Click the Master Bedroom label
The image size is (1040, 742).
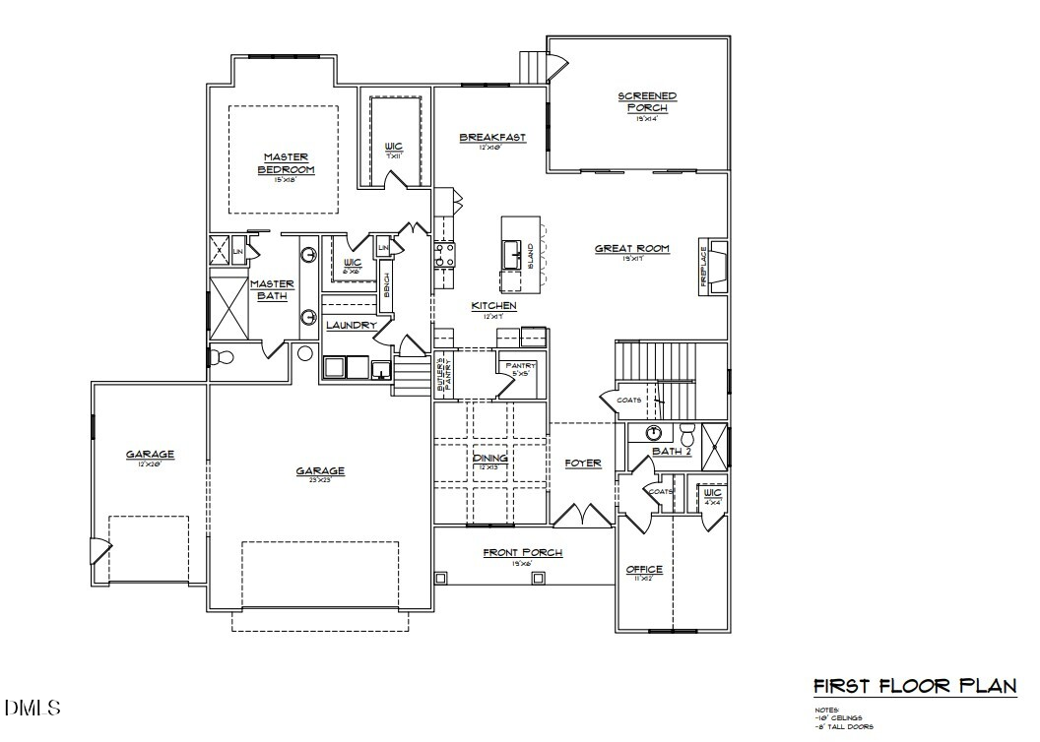(286, 163)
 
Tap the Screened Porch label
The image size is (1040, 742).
(647, 101)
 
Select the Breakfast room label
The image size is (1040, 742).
(492, 138)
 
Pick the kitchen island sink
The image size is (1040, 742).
(512, 255)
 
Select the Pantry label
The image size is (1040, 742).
(519, 366)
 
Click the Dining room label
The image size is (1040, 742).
(489, 459)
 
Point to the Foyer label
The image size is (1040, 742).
(583, 463)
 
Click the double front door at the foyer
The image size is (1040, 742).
(583, 515)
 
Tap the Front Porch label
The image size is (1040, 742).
(522, 553)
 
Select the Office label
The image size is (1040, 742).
(645, 570)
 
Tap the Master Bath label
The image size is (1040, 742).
(271, 289)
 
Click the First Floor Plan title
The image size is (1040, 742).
(915, 687)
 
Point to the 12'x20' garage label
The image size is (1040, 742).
(150, 456)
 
